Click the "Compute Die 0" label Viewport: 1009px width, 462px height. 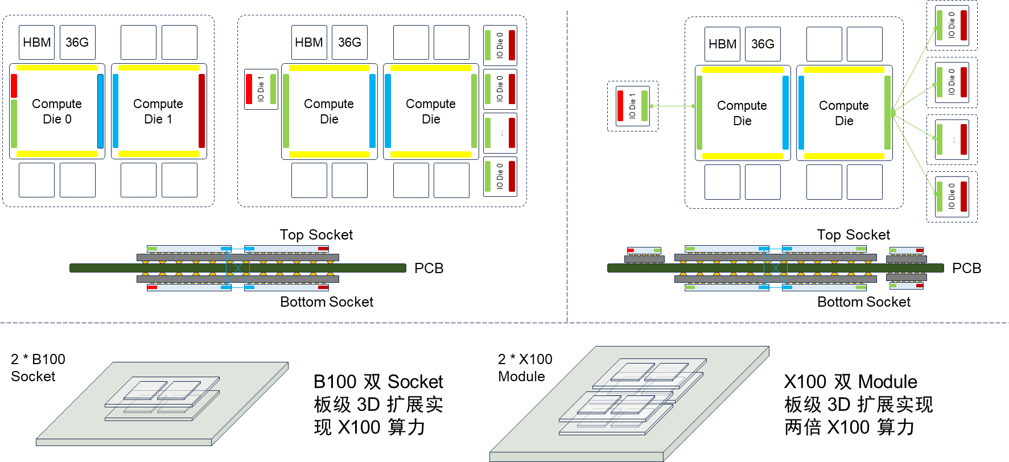57,112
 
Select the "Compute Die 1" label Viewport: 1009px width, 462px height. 158,112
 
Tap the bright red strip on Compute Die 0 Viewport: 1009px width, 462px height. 14,86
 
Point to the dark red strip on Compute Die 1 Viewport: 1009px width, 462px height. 202,111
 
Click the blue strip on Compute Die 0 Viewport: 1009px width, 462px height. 101,111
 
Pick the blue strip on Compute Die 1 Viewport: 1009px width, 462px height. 116,111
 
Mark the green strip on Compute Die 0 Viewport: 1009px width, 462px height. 14,123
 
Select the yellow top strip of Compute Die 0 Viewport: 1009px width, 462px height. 57,68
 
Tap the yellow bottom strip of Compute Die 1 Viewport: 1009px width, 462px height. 159,154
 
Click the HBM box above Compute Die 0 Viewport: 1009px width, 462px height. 37,42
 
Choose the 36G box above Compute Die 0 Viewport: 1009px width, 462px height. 77,42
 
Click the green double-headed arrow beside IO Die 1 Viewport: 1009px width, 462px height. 672,106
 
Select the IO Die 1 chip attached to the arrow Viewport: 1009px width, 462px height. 632,106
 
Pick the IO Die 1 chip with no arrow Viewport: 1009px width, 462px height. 261,89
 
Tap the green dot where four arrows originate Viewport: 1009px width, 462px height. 893,113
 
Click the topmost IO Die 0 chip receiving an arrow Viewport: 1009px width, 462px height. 952,25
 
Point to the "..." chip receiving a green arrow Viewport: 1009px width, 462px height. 952,139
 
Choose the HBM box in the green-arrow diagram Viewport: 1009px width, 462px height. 722,44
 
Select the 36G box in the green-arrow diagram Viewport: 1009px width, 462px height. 763,44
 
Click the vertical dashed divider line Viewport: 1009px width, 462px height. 567,171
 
